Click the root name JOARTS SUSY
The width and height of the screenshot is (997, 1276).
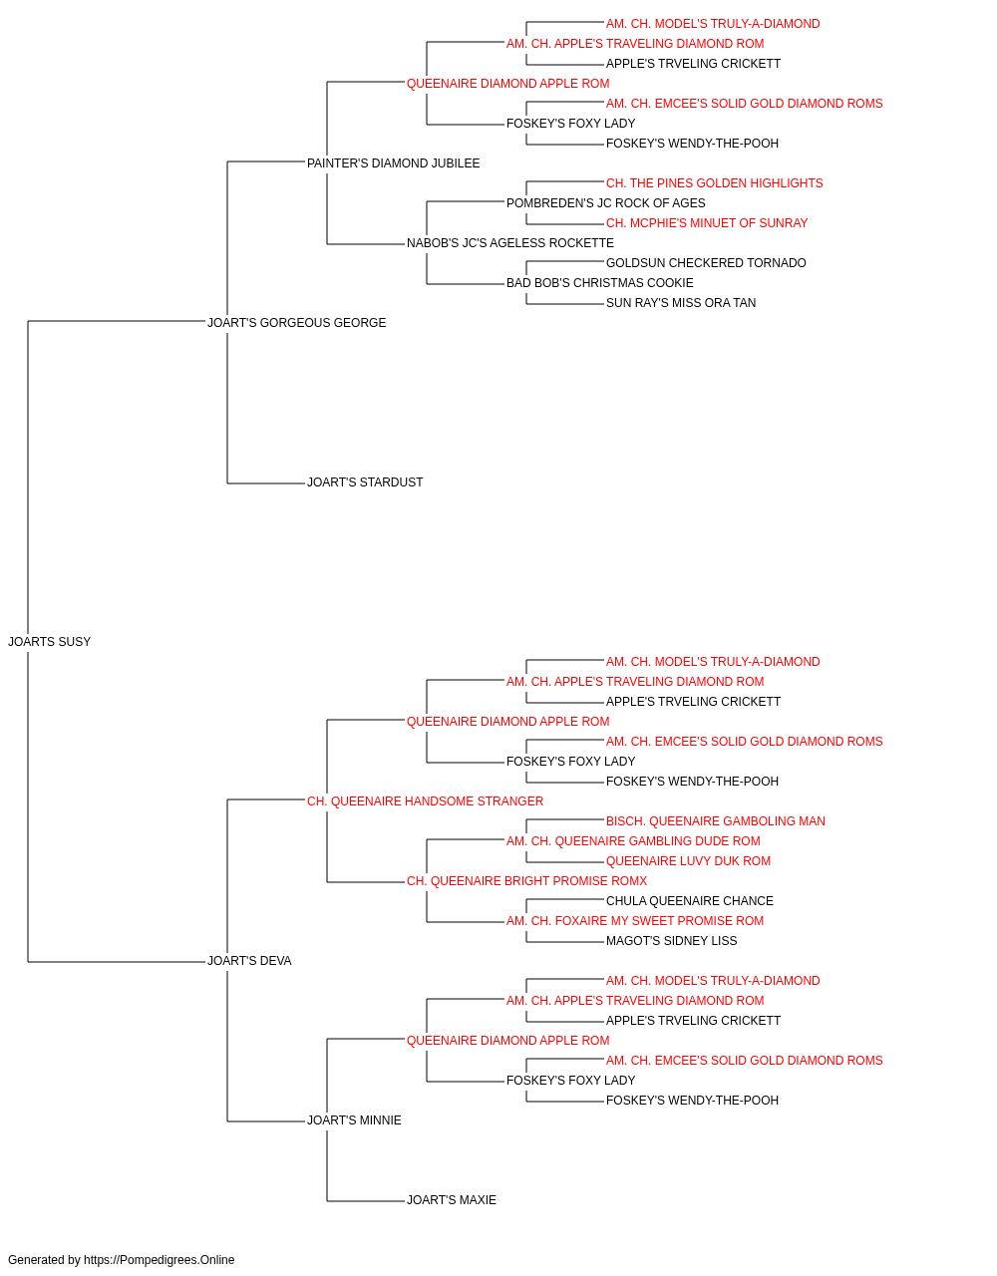coord(49,642)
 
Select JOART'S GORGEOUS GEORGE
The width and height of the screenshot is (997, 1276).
coord(296,323)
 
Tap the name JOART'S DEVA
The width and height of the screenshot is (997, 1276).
coord(249,961)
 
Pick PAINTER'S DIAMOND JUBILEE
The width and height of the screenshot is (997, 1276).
coord(394,163)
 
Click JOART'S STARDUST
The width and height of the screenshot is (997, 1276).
coord(365,482)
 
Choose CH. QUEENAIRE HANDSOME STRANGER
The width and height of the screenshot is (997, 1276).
coord(425,800)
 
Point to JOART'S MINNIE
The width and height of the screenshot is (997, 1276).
coord(354,1119)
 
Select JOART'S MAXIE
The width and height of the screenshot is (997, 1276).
coord(452,1199)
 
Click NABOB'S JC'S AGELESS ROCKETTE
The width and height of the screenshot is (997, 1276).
coord(510,243)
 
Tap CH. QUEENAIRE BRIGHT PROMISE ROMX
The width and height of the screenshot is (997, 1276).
coord(526,881)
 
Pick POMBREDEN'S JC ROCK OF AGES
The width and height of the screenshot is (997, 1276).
coord(606,203)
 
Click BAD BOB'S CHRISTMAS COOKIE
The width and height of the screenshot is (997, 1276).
coord(600,283)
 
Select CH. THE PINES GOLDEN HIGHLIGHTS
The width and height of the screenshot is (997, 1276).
coord(715,183)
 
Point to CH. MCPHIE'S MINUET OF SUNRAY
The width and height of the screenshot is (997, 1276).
coord(707,223)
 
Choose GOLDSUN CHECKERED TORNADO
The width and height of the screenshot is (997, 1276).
coord(706,263)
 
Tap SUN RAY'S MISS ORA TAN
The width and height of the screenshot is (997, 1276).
coord(681,303)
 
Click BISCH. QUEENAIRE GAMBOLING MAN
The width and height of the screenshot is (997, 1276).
coord(716,820)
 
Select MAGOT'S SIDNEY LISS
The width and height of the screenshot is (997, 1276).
coord(672,941)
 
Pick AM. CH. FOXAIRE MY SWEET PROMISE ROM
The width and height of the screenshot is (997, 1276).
coord(635,921)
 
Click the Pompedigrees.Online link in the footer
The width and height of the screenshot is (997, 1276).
coord(160,1260)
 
